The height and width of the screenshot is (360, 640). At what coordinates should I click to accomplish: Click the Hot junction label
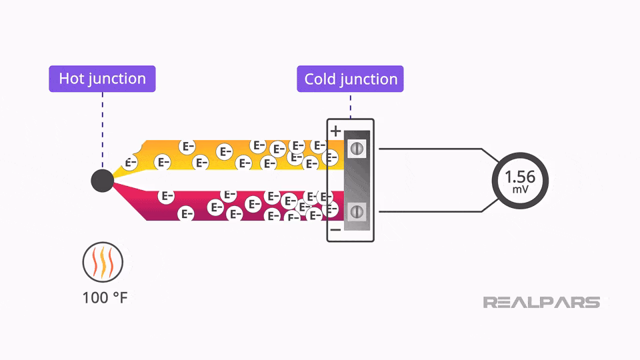[x=102, y=79]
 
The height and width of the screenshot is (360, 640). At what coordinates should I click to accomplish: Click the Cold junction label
[x=350, y=79]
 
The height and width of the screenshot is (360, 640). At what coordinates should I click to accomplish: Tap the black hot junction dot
[x=102, y=180]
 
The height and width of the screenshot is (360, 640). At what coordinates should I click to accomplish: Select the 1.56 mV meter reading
[x=520, y=177]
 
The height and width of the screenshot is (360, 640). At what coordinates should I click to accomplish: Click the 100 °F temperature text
[x=105, y=297]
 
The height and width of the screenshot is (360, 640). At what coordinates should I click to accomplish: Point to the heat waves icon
[x=102, y=261]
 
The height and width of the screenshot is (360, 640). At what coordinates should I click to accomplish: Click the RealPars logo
[x=541, y=303]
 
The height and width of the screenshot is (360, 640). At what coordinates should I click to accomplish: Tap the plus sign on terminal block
[x=335, y=131]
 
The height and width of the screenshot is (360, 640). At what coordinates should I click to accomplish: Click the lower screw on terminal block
[x=357, y=211]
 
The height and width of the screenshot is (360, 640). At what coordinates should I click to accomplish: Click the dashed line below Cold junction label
[x=351, y=105]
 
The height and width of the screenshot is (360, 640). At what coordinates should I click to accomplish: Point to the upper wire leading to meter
[x=433, y=149]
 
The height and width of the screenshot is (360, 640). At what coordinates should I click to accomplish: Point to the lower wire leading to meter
[x=433, y=211]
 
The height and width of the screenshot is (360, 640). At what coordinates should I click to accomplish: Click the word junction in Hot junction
[x=118, y=79]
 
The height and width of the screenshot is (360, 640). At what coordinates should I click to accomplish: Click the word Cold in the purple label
[x=321, y=79]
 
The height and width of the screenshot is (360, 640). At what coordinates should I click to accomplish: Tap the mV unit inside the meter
[x=520, y=190]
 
